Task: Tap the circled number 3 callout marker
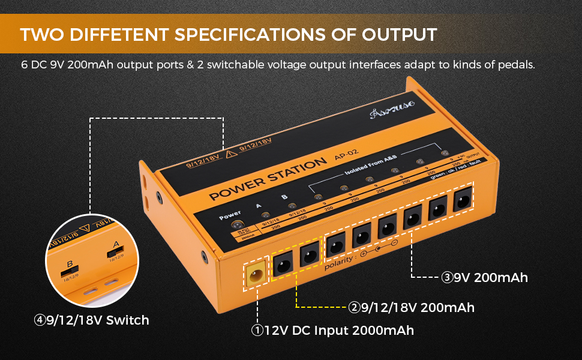point(447,278)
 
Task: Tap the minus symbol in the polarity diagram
point(394,243)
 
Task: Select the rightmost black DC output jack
point(463,200)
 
